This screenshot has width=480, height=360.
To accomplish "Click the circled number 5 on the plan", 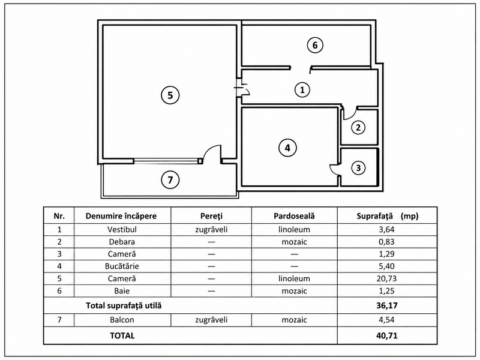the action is [170, 95].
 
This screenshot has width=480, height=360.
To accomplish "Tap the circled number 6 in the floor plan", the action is [315, 46].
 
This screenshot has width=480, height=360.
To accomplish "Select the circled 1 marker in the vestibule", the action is [302, 89].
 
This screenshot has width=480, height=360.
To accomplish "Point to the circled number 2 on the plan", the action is [358, 127].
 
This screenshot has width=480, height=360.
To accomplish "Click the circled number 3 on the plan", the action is [358, 167].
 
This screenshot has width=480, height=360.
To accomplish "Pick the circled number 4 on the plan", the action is [287, 148].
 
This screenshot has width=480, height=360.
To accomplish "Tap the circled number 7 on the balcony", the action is [170, 179].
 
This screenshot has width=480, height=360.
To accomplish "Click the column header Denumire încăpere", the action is [121, 216].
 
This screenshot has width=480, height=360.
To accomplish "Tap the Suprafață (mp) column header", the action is [387, 216].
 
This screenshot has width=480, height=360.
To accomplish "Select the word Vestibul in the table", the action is [122, 229].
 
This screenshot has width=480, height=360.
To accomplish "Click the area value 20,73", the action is [386, 278].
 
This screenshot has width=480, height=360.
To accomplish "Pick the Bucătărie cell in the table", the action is [122, 266].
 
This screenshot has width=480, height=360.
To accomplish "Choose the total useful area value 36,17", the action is [387, 305].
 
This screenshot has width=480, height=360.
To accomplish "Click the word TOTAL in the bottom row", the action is [122, 335].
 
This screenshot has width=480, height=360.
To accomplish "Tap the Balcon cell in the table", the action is [122, 320].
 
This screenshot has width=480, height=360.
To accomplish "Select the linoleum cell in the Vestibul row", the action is [294, 229].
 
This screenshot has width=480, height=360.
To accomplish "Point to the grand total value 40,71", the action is [387, 335].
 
